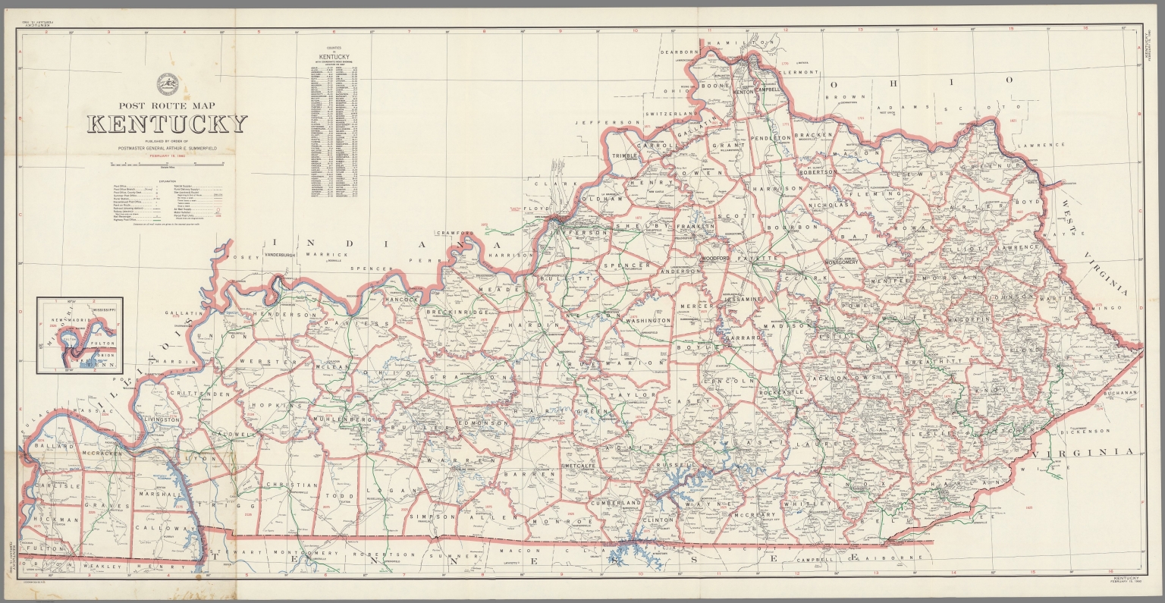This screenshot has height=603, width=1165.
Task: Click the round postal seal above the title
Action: [x=167, y=82]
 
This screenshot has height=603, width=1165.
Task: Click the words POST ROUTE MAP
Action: [x=167, y=106]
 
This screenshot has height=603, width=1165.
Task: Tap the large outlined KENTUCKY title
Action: [x=167, y=124]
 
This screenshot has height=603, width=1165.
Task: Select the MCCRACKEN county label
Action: [x=80, y=454]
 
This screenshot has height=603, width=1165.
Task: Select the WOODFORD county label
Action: [x=714, y=259]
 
